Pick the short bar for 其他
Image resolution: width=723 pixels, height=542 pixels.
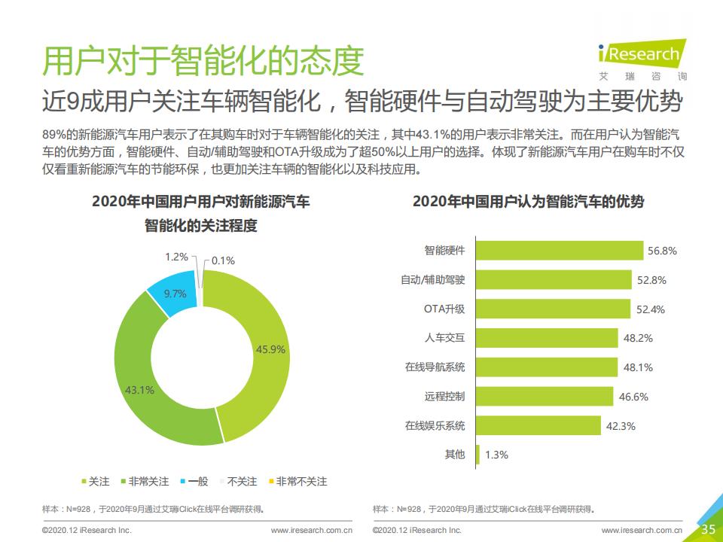tap(478, 454)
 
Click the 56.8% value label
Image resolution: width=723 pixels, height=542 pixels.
tap(662, 251)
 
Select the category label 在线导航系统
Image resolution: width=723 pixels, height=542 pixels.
tap(435, 367)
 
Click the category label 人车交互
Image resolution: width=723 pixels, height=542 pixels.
tap(444, 338)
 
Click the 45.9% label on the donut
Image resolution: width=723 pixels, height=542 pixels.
tap(270, 349)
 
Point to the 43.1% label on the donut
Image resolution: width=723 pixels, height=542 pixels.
tap(139, 390)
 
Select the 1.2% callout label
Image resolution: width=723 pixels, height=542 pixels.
tap(176, 257)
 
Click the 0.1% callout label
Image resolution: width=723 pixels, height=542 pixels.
tap(223, 260)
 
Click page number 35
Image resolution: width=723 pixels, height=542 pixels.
tap(708, 528)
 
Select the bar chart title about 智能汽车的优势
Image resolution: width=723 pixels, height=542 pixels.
tap(528, 202)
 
